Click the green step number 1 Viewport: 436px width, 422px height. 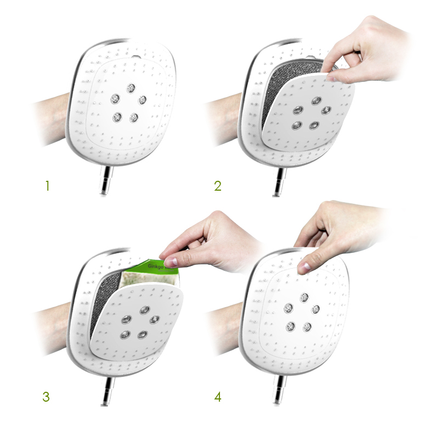coord(47,186)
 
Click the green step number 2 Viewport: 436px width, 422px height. coord(218,186)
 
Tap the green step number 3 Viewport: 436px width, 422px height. coord(46,396)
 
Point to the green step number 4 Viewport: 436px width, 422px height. coord(218,396)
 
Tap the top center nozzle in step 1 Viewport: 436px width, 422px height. coord(131,88)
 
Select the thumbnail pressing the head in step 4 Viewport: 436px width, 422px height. coord(304,268)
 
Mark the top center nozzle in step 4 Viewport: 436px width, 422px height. coord(304,297)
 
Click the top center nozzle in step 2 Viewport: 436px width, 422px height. coord(316,101)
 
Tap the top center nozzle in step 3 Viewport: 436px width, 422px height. coord(145,309)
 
